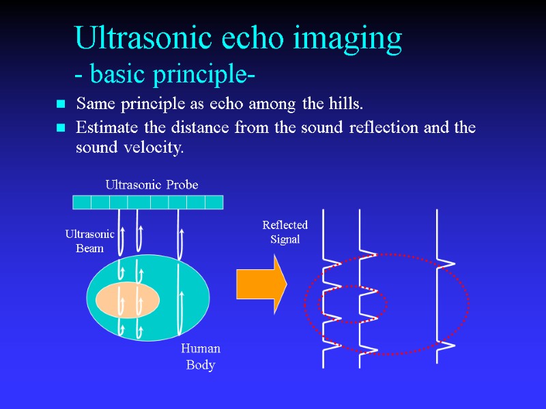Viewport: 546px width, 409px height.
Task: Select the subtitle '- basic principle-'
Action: (164, 74)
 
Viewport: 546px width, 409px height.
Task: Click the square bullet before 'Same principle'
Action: (61, 104)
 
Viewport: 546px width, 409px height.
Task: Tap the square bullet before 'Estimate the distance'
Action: (61, 127)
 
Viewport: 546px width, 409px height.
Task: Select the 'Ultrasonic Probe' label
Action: (152, 185)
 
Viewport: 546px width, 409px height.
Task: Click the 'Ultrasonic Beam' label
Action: (89, 241)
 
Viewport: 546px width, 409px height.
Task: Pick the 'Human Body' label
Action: (201, 357)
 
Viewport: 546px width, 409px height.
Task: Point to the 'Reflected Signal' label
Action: (285, 232)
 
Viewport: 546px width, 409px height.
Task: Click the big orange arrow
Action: (261, 284)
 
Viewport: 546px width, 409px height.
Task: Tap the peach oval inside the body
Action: (128, 300)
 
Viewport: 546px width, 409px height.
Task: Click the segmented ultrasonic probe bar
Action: (147, 202)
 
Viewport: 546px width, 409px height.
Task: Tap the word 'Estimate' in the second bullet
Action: (106, 127)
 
